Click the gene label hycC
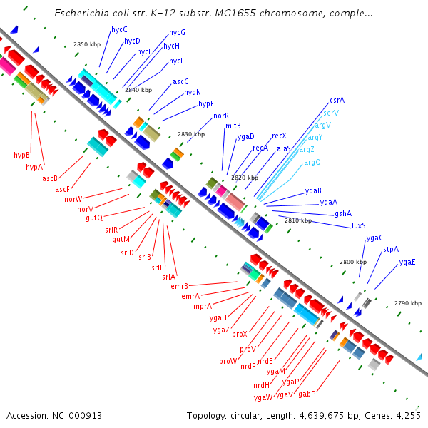coord(119,30)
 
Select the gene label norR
coord(222,116)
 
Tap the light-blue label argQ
coord(312,163)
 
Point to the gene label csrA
coord(337,101)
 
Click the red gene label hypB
coord(21,155)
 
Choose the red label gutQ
coord(94,218)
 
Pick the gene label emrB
coord(179,286)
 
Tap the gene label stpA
coord(391,250)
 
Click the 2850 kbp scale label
coord(87,44)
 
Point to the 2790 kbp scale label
coord(408,304)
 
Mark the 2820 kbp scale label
coord(245,178)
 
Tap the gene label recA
coord(260,148)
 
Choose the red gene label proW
coord(228,361)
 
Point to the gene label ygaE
coord(407,262)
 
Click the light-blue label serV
coord(331,113)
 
